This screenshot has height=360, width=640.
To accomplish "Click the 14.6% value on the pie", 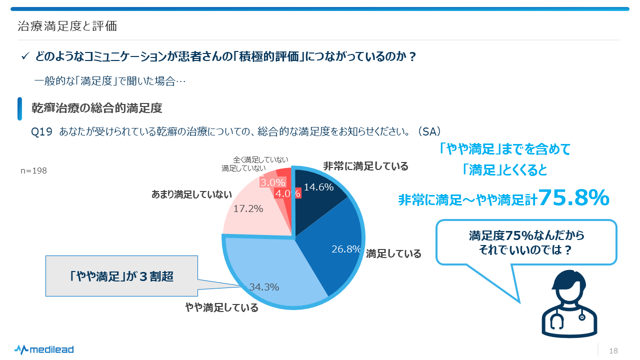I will (x=318, y=187).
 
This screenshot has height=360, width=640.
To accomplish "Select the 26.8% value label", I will (x=346, y=249).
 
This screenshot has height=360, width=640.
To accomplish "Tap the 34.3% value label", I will (x=264, y=287).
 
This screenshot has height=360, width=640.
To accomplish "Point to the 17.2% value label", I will (x=248, y=209).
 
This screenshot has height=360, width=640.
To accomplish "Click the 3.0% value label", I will (x=272, y=182).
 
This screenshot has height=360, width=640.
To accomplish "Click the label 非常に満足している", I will (x=365, y=166).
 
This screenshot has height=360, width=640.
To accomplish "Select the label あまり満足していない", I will (x=192, y=194).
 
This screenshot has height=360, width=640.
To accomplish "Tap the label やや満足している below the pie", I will (x=222, y=307).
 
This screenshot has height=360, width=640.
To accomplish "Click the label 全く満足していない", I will (x=261, y=160).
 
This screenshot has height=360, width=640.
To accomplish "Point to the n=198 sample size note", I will (x=34, y=170).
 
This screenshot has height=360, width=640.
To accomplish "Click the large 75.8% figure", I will (x=574, y=197).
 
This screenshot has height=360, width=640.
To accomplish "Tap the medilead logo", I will (x=44, y=349).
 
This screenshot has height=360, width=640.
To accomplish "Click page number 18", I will (x=613, y=351).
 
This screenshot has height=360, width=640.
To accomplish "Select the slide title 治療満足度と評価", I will (x=67, y=26).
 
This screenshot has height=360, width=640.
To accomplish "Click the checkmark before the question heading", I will (x=25, y=56).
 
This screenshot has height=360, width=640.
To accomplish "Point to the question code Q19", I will (x=41, y=131).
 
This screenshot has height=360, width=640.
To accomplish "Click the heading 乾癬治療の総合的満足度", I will (x=97, y=108).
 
